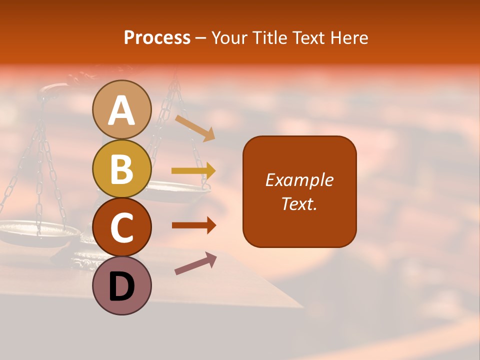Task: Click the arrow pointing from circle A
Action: tap(195, 127)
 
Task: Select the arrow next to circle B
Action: tap(193, 171)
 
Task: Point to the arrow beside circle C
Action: tap(194, 225)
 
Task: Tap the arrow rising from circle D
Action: tap(195, 263)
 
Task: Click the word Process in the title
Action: tap(157, 37)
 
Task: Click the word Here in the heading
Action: tap(349, 37)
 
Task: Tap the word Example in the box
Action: tap(299, 180)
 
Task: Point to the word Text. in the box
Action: tap(299, 203)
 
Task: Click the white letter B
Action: tap(122, 169)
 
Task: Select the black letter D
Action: tap(122, 286)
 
